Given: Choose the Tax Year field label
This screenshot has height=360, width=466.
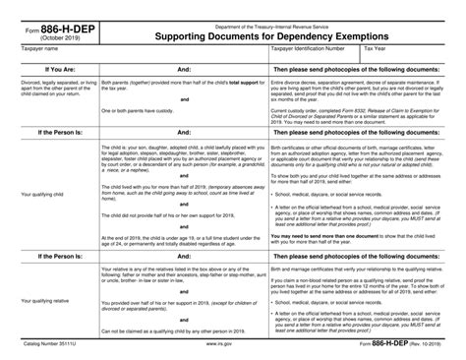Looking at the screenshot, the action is tap(375, 46).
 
